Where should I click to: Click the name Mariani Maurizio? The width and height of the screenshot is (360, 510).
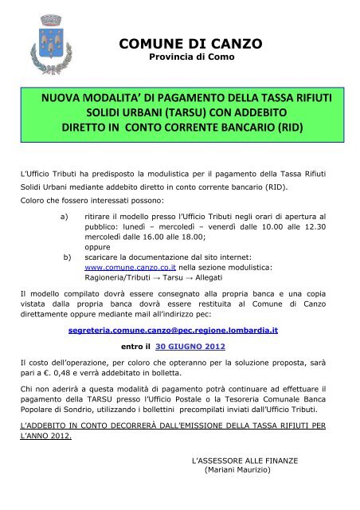click(x=238, y=470)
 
